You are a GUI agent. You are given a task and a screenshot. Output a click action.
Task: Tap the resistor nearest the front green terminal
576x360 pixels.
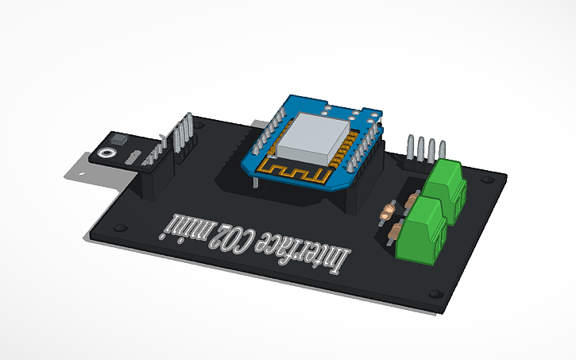(395, 232)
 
